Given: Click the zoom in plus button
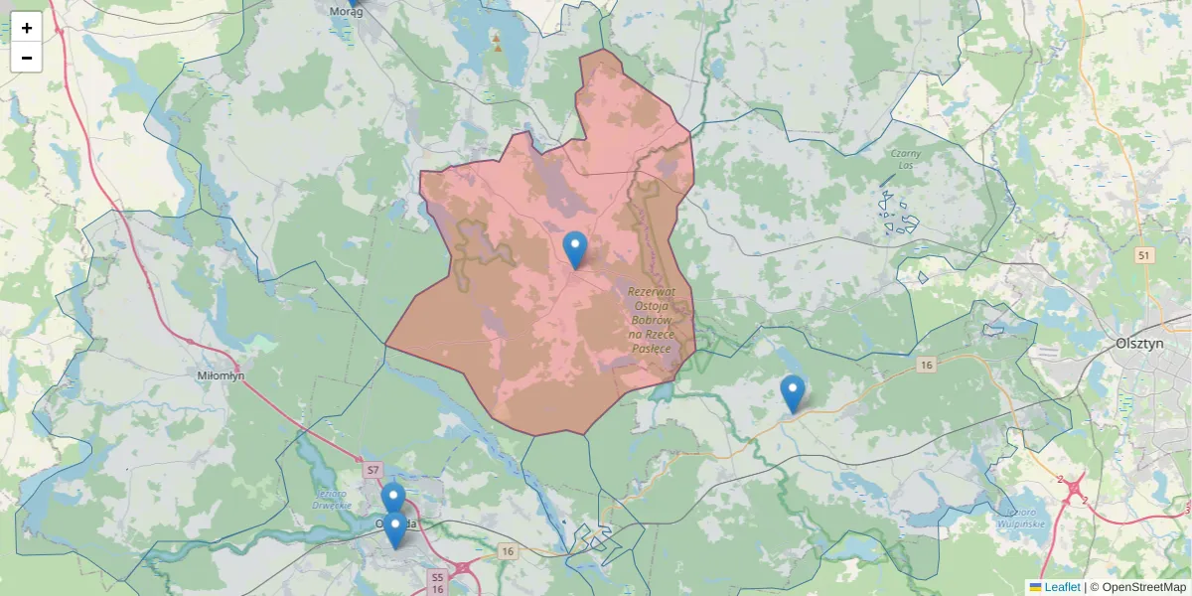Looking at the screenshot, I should pyautogui.click(x=27, y=28).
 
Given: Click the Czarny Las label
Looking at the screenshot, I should pyautogui.click(x=905, y=160).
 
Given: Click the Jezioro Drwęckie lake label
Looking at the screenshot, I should pyautogui.click(x=333, y=500).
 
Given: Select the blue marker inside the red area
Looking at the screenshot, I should pyautogui.click(x=575, y=248).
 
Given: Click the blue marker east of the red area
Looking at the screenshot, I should pyautogui.click(x=792, y=392).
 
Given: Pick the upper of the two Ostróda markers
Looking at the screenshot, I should pyautogui.click(x=393, y=497).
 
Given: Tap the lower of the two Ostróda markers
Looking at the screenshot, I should pyautogui.click(x=395, y=528).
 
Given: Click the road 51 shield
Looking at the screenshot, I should pyautogui.click(x=1145, y=255).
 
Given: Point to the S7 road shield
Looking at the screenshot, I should pyautogui.click(x=373, y=469).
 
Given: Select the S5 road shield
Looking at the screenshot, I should pyautogui.click(x=437, y=576).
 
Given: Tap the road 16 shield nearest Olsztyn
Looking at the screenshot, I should pyautogui.click(x=927, y=366).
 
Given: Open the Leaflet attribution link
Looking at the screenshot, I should pyautogui.click(x=1062, y=587).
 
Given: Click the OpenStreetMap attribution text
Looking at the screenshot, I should pyautogui.click(x=1137, y=587).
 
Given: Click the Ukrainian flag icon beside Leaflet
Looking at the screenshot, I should pyautogui.click(x=1035, y=587).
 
